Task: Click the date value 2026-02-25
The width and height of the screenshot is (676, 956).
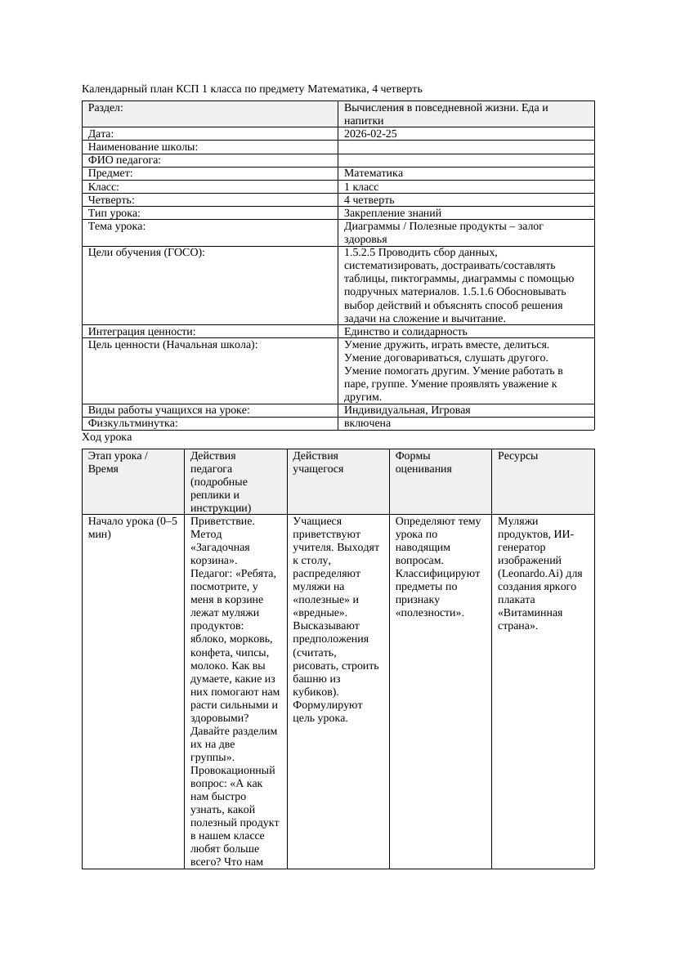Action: pyautogui.click(x=370, y=133)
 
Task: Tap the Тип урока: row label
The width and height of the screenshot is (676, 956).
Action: pyautogui.click(x=114, y=212)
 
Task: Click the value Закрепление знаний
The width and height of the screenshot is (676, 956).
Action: pyautogui.click(x=387, y=212)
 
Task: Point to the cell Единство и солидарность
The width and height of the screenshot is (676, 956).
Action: pyautogui.click(x=405, y=331)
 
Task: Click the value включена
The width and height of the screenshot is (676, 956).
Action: pyautogui.click(x=367, y=423)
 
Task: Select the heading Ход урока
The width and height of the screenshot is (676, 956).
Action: pyautogui.click(x=106, y=437)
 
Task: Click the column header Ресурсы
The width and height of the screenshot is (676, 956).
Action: pyautogui.click(x=517, y=455)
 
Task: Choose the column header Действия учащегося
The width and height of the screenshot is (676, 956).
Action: pyautogui.click(x=318, y=462)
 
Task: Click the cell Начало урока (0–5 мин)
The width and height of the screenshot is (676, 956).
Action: pyautogui.click(x=132, y=527)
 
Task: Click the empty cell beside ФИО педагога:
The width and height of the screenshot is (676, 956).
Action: pyautogui.click(x=466, y=160)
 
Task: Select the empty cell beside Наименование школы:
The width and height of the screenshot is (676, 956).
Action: pyautogui.click(x=466, y=147)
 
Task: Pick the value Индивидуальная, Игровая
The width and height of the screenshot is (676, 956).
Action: pyautogui.click(x=406, y=410)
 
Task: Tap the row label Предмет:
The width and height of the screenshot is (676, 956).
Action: pyautogui.click(x=110, y=173)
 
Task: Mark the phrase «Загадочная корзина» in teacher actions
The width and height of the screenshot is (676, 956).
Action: pyautogui.click(x=220, y=553)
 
